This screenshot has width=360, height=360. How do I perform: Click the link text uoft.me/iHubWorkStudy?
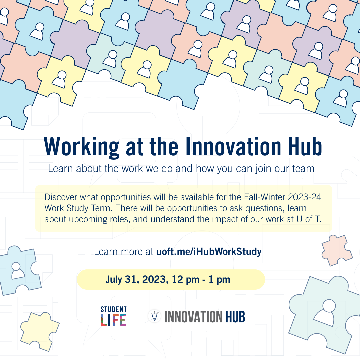[209, 251]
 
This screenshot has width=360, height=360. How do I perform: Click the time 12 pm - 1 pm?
[201, 279]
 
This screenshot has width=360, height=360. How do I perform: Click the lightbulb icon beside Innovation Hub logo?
[154, 316]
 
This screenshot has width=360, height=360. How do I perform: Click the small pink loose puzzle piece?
[336, 250]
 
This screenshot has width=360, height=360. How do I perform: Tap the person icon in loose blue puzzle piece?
[17, 271]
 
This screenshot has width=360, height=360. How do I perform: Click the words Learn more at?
[124, 251]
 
